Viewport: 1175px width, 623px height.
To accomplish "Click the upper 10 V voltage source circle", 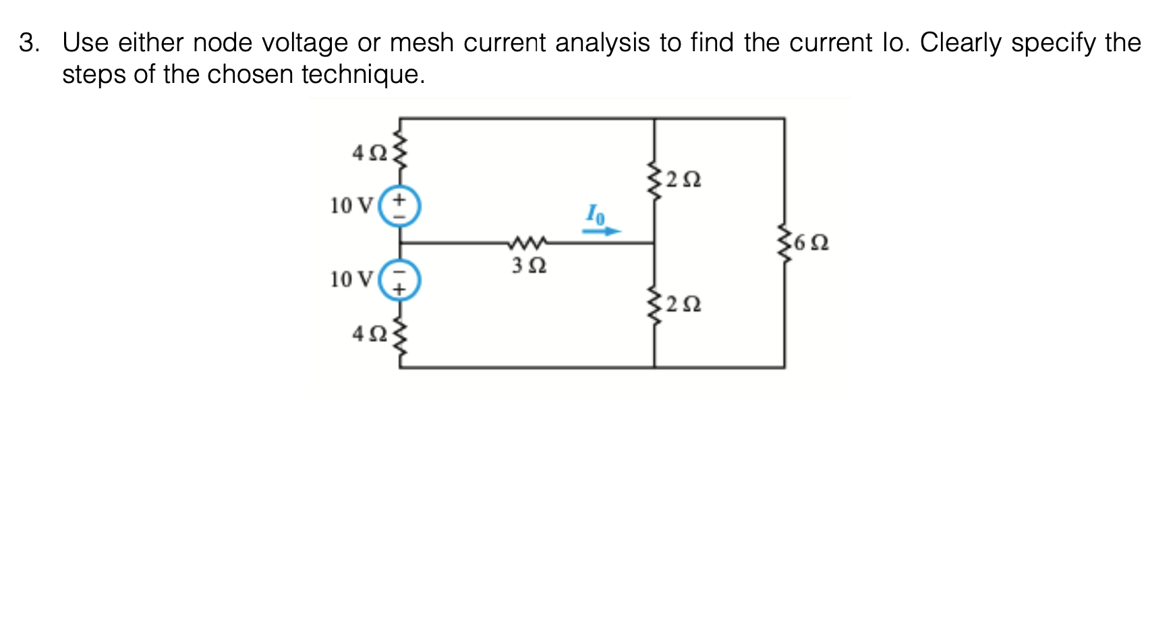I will pyautogui.click(x=399, y=206).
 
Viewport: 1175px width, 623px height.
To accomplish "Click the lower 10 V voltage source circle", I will pyautogui.click(x=399, y=280).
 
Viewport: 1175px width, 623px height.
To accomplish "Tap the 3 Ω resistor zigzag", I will pyautogui.click(x=527, y=241).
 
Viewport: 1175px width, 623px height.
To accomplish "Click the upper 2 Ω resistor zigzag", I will pyautogui.click(x=654, y=179).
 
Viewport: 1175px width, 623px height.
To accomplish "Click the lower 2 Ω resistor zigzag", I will pyautogui.click(x=654, y=305).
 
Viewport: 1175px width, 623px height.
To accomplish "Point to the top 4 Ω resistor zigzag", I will pyautogui.click(x=400, y=152).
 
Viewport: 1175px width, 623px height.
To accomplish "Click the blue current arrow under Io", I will pyautogui.click(x=602, y=231).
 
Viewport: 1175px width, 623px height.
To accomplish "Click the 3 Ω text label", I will pyautogui.click(x=528, y=266).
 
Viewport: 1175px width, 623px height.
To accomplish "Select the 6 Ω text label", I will pyautogui.click(x=811, y=243).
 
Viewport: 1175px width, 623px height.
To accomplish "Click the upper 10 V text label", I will pyautogui.click(x=351, y=206).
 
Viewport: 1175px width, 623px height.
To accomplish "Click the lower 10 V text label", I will pyautogui.click(x=351, y=279).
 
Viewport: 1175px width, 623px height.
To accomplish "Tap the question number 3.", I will pyautogui.click(x=28, y=43).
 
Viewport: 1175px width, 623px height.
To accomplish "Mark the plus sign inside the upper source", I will pyautogui.click(x=399, y=200).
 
